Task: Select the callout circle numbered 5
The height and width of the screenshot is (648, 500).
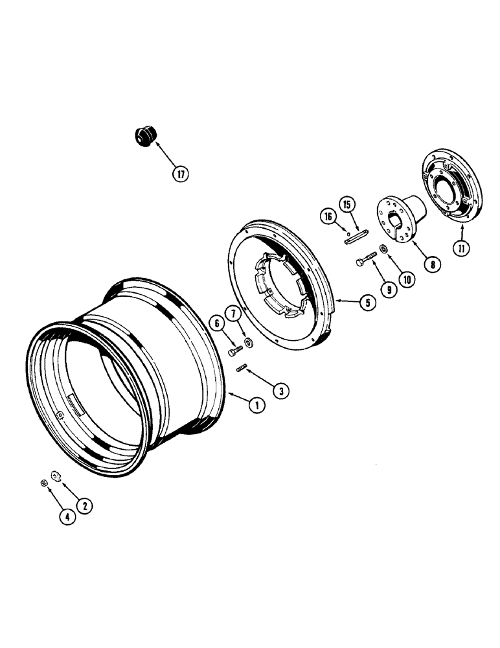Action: pos(367,301)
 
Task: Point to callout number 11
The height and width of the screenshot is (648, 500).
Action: pos(460,246)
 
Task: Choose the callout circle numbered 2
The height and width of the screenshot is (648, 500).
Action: pos(83,505)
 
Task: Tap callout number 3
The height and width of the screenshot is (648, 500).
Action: pos(280,391)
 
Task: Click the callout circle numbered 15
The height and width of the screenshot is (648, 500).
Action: pos(347,205)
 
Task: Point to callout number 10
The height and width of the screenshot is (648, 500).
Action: pos(406,280)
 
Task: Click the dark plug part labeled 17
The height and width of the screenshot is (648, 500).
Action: pos(144,137)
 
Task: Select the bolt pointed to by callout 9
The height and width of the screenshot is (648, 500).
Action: pos(367,260)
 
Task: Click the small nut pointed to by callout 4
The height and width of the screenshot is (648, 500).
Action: pos(43,483)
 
